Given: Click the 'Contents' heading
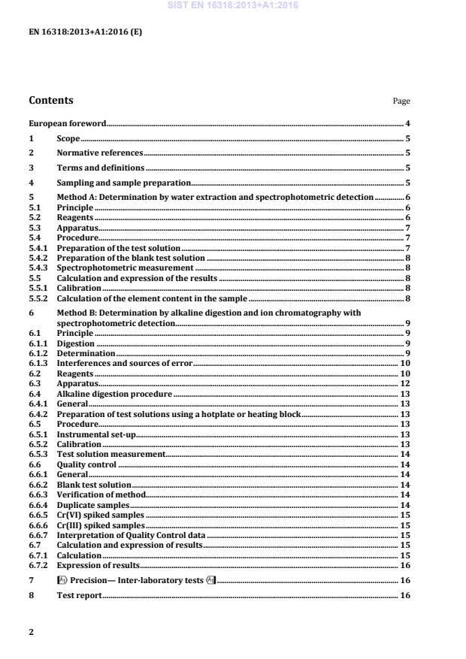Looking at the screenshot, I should [x=51, y=100].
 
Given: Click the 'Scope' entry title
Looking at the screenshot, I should [x=68, y=138].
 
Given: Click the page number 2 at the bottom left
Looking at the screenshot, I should [x=31, y=632].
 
